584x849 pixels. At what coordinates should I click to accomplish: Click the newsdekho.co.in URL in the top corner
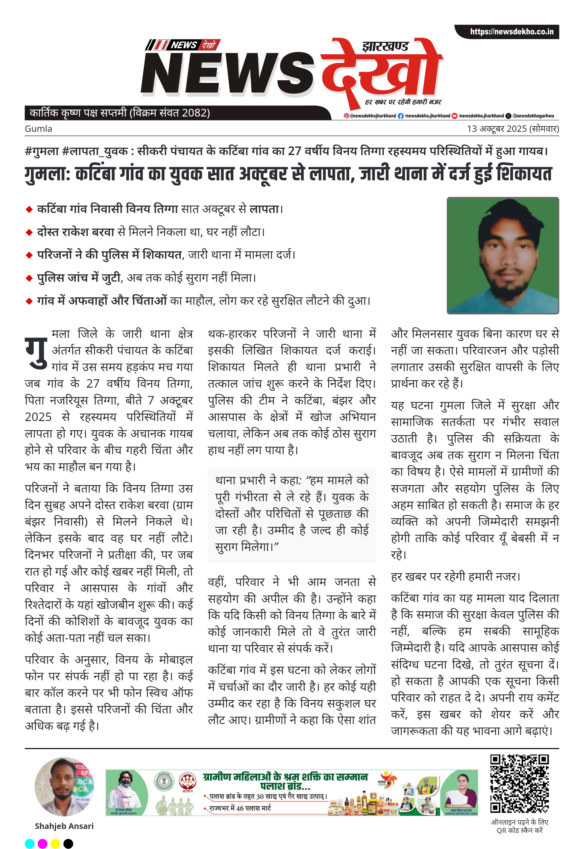(511, 32)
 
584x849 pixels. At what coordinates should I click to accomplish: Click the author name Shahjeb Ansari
(64, 826)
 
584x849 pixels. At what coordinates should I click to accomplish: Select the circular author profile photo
(64, 786)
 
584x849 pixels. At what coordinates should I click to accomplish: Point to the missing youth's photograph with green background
(503, 255)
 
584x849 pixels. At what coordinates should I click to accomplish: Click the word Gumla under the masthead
(38, 129)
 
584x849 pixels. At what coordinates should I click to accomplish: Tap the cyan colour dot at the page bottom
(30, 844)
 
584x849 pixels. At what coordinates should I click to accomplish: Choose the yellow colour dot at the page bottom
(55, 844)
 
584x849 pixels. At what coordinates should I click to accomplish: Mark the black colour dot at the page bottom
(68, 844)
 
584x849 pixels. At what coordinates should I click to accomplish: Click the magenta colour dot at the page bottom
(43, 844)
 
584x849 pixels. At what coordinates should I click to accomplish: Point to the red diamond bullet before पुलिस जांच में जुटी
(29, 278)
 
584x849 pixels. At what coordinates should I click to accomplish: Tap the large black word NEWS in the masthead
(227, 72)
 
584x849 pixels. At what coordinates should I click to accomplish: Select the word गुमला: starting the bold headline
(47, 174)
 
